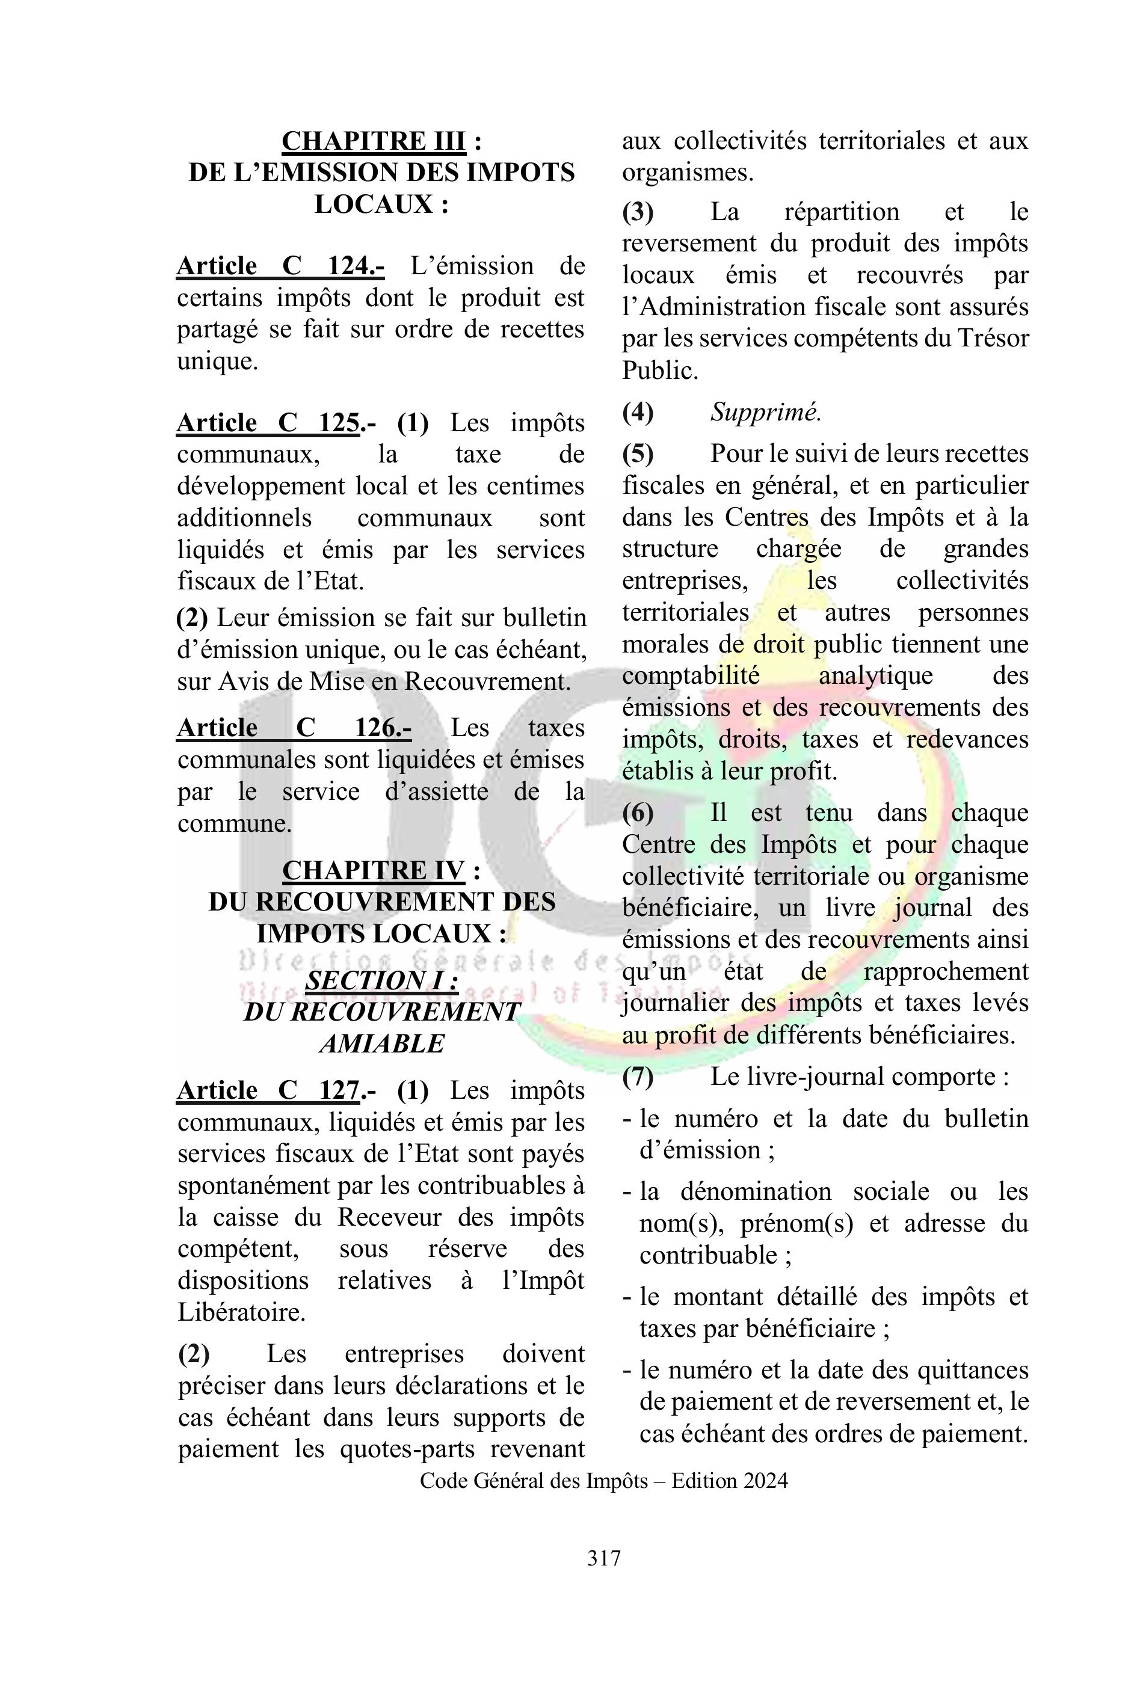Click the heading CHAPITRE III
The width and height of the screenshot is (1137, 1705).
pyautogui.click(x=374, y=141)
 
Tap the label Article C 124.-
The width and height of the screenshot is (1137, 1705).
pyautogui.click(x=280, y=266)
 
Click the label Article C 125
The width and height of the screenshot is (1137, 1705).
pyautogui.click(x=269, y=423)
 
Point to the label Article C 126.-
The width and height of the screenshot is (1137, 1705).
pyautogui.click(x=294, y=727)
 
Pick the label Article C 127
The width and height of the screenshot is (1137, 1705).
pyautogui.click(x=269, y=1090)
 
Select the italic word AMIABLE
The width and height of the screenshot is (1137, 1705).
pyautogui.click(x=381, y=1044)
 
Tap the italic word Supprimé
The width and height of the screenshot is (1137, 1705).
pyautogui.click(x=765, y=413)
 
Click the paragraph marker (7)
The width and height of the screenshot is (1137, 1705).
pyautogui.click(x=638, y=1077)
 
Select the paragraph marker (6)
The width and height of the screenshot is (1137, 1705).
pyautogui.click(x=638, y=813)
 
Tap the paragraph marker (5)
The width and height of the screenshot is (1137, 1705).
pyautogui.click(x=638, y=454)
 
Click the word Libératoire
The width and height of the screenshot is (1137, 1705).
pyautogui.click(x=241, y=1313)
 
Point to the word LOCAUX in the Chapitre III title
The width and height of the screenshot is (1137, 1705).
pyautogui.click(x=374, y=204)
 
